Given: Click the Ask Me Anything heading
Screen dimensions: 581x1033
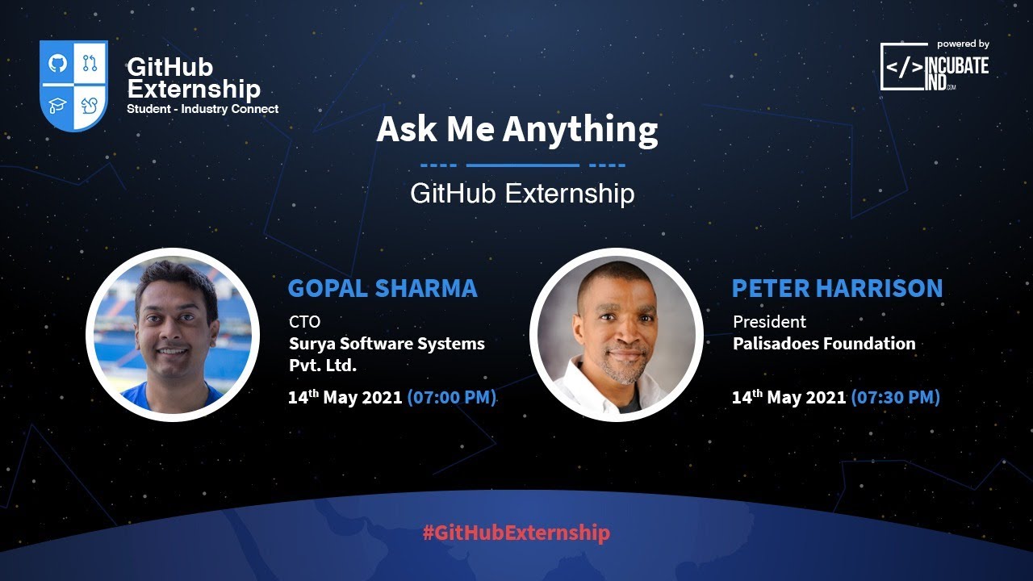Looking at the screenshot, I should tap(517, 130).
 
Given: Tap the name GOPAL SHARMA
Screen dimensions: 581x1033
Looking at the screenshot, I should tap(383, 288).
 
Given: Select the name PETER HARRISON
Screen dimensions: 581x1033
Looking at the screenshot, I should tap(837, 288).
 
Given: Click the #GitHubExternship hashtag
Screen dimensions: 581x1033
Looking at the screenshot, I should tap(516, 533).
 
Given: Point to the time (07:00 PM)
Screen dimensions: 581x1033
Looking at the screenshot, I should tap(452, 398).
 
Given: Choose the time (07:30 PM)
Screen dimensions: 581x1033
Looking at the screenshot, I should tap(895, 398).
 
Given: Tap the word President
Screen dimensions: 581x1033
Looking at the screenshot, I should tap(769, 322).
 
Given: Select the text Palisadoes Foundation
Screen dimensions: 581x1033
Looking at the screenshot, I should tap(824, 344).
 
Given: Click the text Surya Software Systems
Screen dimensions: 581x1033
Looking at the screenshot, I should tap(387, 344).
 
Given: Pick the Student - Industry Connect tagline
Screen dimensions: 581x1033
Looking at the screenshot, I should tap(203, 109).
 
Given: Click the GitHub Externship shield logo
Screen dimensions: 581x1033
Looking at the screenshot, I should tap(73, 85).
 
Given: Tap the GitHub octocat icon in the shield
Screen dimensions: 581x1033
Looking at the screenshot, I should tap(57, 63).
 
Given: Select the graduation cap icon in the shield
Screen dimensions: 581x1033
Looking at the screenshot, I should tap(57, 105).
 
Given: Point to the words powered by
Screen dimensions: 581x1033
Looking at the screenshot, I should tap(963, 44).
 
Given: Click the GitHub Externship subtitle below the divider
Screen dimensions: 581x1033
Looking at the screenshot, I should tap(522, 194).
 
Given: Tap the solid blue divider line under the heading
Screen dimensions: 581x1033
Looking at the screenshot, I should tap(523, 165).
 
